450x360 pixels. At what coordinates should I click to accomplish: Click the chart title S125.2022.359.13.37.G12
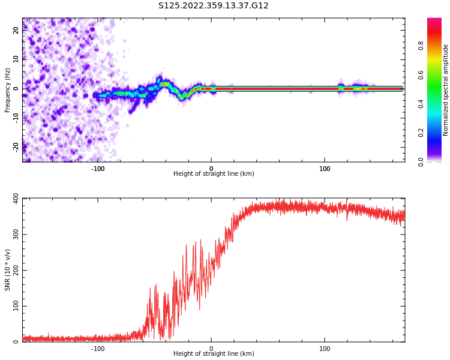coord(214,6)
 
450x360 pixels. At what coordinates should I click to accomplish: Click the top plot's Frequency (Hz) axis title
coord(8,90)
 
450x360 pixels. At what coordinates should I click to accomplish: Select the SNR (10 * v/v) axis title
coord(8,269)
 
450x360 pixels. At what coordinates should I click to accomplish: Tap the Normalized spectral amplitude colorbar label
coord(446,90)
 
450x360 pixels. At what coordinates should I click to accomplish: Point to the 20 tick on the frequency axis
coord(16,31)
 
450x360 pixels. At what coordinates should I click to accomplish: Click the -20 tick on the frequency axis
coord(16,146)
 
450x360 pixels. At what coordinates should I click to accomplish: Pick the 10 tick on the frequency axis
coord(16,59)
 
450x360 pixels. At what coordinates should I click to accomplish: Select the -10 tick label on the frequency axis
coord(16,117)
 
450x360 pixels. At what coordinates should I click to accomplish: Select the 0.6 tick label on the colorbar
coord(421,74)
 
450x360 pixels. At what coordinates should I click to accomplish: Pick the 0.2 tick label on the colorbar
coord(421,133)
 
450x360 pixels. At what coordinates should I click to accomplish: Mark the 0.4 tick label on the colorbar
coord(421,104)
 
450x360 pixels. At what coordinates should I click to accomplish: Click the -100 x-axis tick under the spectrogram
coord(98,169)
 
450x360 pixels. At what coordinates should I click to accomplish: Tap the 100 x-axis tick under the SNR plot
coord(325,349)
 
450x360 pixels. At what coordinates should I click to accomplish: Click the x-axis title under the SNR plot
coord(214,354)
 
